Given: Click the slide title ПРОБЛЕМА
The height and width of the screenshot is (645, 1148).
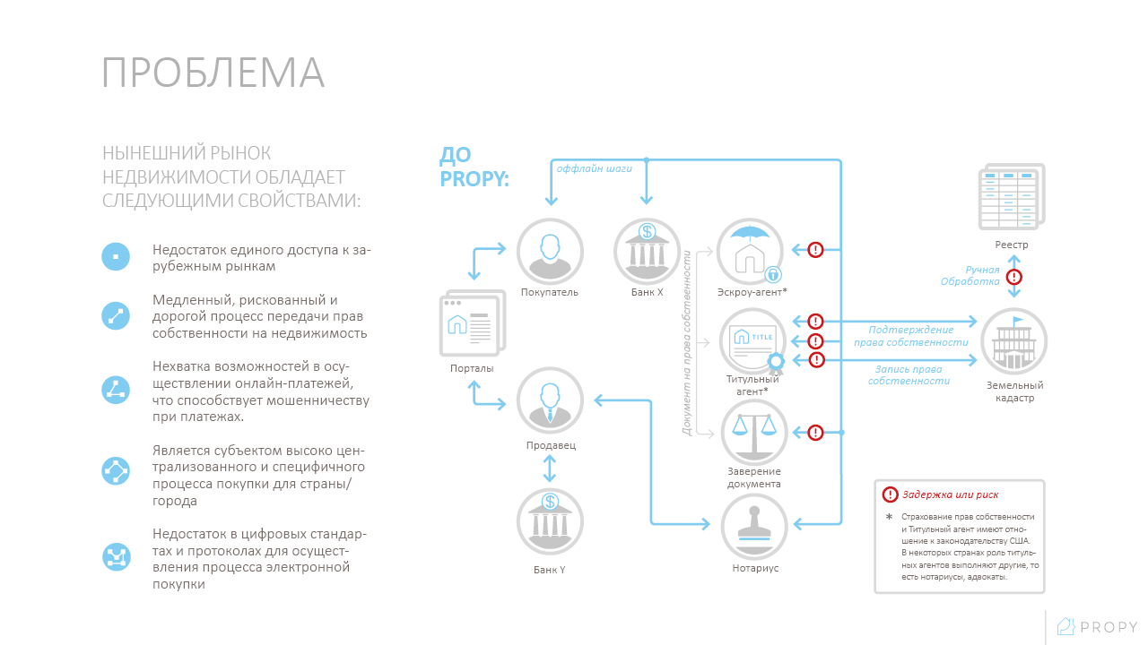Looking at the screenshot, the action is [213, 73].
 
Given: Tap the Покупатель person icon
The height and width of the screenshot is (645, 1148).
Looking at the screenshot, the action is [550, 252].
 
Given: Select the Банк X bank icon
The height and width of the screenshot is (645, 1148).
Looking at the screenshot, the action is [648, 252].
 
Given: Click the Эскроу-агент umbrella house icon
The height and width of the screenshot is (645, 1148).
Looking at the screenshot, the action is [750, 252].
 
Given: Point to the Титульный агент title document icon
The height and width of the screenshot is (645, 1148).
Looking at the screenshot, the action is [752, 341].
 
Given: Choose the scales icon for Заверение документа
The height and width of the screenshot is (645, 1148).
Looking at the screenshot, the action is [754, 433].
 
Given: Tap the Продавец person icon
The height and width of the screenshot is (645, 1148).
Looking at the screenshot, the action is [550, 400].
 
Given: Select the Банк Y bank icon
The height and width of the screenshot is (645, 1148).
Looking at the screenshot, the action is [550, 522].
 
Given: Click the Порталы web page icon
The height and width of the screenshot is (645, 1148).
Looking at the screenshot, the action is [473, 323].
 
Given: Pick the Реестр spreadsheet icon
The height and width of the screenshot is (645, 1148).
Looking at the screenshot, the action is [1012, 196].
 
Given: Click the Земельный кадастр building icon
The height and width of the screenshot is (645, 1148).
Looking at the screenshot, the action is [1013, 341].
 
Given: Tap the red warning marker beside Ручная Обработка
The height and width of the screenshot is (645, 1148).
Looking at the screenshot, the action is [1014, 277].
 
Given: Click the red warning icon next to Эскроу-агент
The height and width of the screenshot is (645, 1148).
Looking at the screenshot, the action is [815, 250].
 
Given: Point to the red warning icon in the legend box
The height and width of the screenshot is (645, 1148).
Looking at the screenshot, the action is [890, 494].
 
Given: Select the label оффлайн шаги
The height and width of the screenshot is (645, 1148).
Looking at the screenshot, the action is [594, 169].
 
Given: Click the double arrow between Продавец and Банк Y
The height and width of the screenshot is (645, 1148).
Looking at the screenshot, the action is [550, 469].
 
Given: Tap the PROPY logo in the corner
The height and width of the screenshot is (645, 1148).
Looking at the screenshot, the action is [1097, 626].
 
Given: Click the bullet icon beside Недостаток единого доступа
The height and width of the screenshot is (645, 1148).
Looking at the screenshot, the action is [116, 256].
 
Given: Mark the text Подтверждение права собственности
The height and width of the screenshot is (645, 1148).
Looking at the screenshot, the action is [910, 336].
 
